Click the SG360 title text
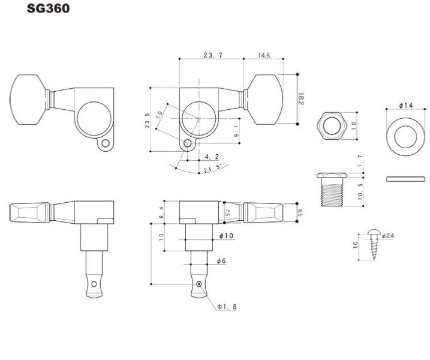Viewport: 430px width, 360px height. pyautogui.click(x=48, y=8)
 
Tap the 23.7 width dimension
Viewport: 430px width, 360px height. pyautogui.click(x=213, y=55)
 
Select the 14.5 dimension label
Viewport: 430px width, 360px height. pyautogui.click(x=264, y=55)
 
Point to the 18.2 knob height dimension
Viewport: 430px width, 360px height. pyautogui.click(x=301, y=99)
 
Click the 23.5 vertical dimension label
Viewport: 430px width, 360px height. pyautogui.click(x=148, y=120)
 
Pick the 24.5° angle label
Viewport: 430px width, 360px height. pyautogui.click(x=212, y=168)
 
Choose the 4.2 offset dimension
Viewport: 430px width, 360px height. pyautogui.click(x=212, y=157)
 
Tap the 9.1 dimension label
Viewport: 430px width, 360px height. pyautogui.click(x=237, y=131)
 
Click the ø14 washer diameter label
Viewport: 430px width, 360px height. pyautogui.click(x=406, y=105)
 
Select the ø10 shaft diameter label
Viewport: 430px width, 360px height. pyautogui.click(x=226, y=235)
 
